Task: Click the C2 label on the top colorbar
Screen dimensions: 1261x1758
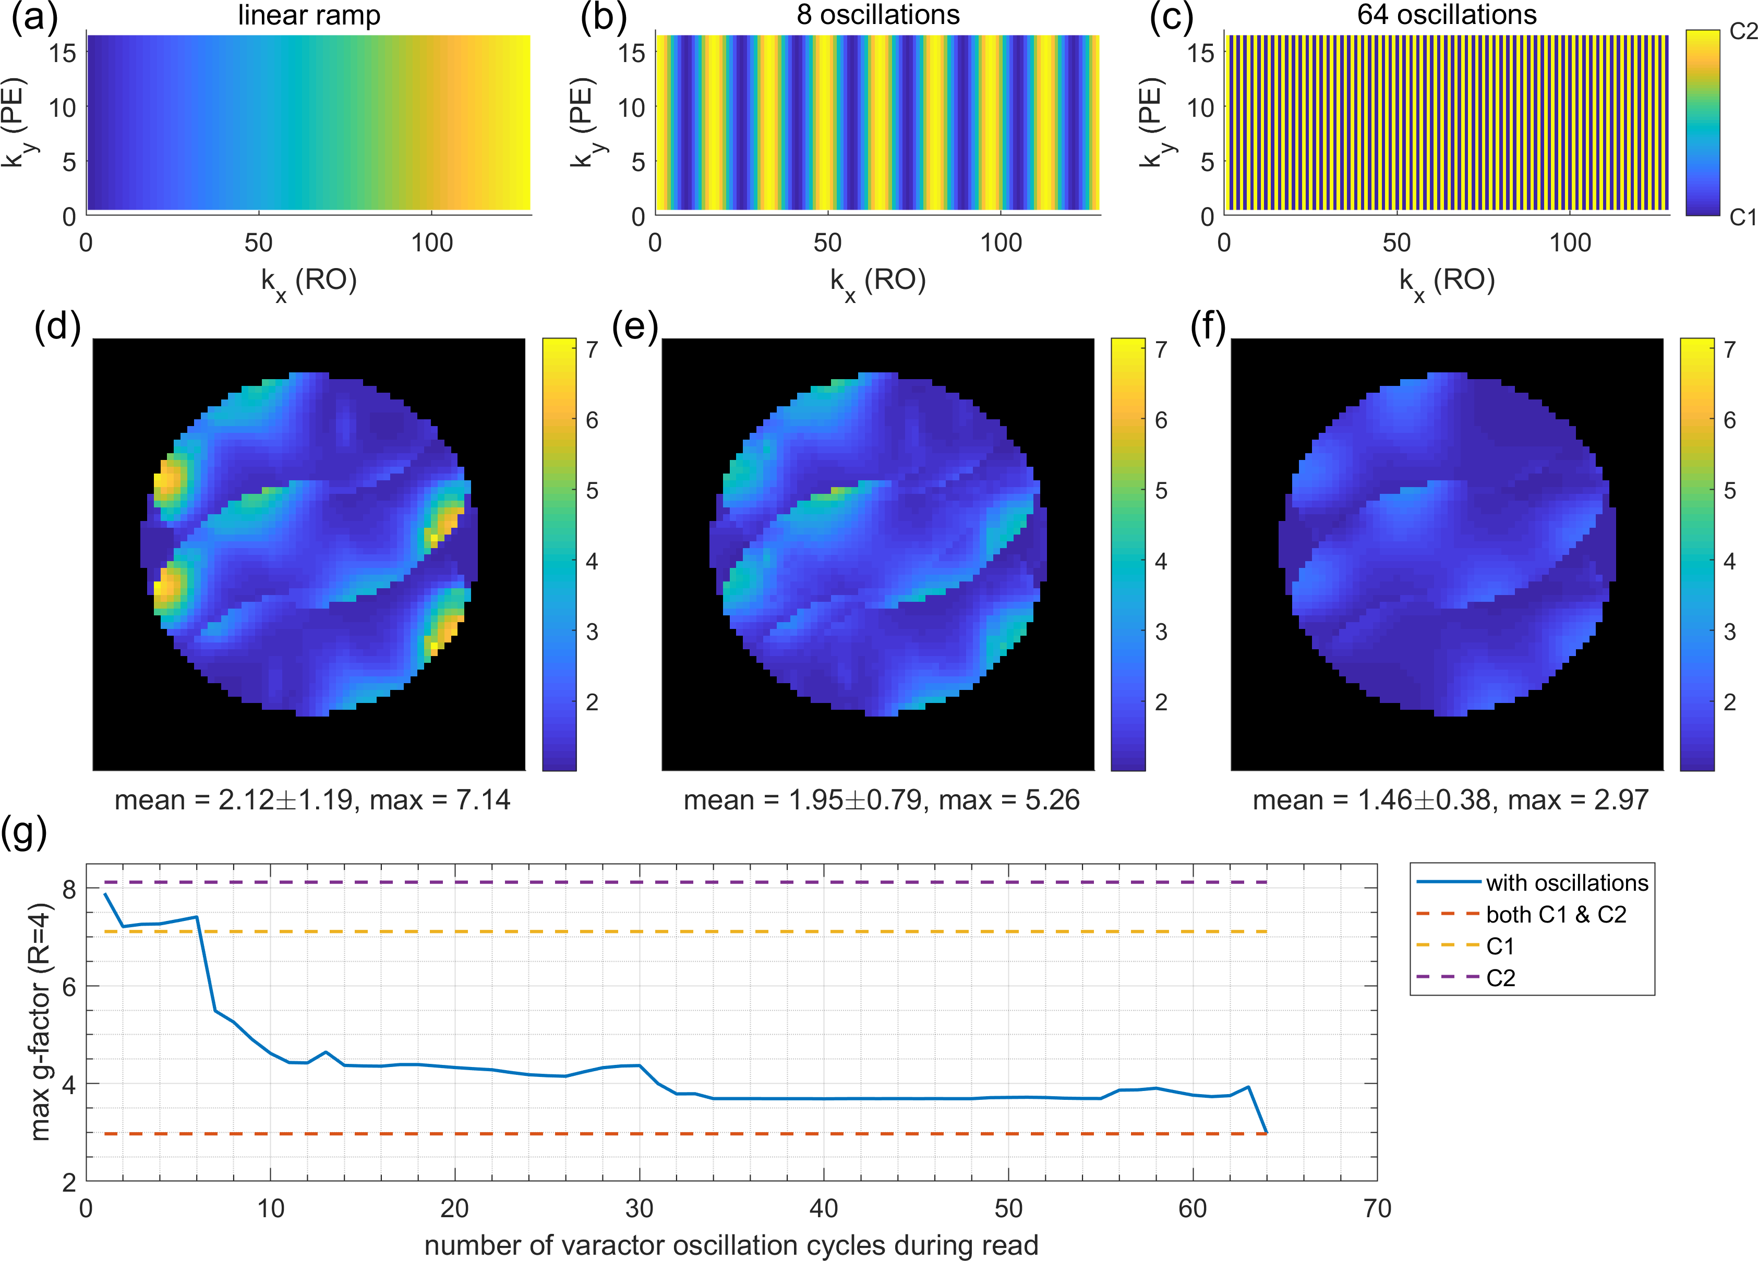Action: [x=1742, y=32]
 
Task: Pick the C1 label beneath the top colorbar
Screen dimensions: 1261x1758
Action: [x=1742, y=218]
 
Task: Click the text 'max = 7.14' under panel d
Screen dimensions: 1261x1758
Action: [x=439, y=800]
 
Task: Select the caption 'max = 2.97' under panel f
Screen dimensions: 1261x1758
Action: [x=1578, y=800]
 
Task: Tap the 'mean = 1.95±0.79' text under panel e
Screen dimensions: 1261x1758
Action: [x=803, y=800]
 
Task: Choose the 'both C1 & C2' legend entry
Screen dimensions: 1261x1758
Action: [x=1556, y=915]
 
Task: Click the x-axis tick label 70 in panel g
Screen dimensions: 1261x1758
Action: [x=1377, y=1209]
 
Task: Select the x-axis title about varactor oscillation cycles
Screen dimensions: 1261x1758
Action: [x=731, y=1245]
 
